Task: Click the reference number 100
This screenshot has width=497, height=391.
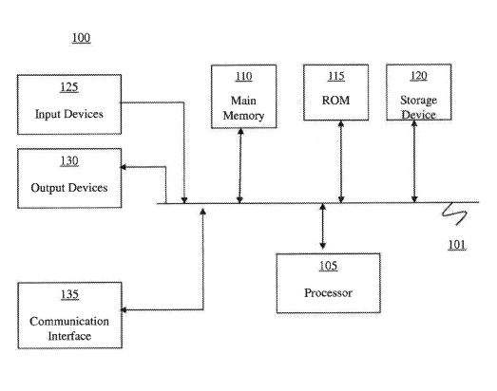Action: pos(81,38)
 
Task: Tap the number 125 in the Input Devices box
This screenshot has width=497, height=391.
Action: pos(69,87)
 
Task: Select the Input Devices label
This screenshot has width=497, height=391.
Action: pos(69,114)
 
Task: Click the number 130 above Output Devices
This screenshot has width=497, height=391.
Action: pos(69,161)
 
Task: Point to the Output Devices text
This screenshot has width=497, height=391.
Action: pos(69,188)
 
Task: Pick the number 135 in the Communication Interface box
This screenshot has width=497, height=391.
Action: pos(69,294)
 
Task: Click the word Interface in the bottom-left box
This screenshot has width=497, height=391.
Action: pos(69,336)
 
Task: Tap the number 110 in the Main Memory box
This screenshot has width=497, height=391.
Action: pos(243,76)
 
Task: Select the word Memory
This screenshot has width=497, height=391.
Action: pos(243,116)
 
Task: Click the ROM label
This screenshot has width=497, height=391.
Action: pos(336,101)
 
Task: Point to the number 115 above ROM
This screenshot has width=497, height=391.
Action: pos(336,76)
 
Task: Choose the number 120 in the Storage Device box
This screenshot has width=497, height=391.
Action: pos(419,76)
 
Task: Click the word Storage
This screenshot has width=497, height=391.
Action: pos(419,101)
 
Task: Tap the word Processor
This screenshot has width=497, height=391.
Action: pos(329,293)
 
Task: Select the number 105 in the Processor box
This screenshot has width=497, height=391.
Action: pos(328,266)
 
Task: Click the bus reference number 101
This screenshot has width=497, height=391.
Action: pos(457,245)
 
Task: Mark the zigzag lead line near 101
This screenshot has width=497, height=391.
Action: pos(455,214)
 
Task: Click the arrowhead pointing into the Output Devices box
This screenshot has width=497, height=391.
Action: pos(124,167)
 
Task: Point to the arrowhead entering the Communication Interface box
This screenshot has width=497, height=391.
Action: pos(124,310)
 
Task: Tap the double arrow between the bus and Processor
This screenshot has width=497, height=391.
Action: pos(323,226)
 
